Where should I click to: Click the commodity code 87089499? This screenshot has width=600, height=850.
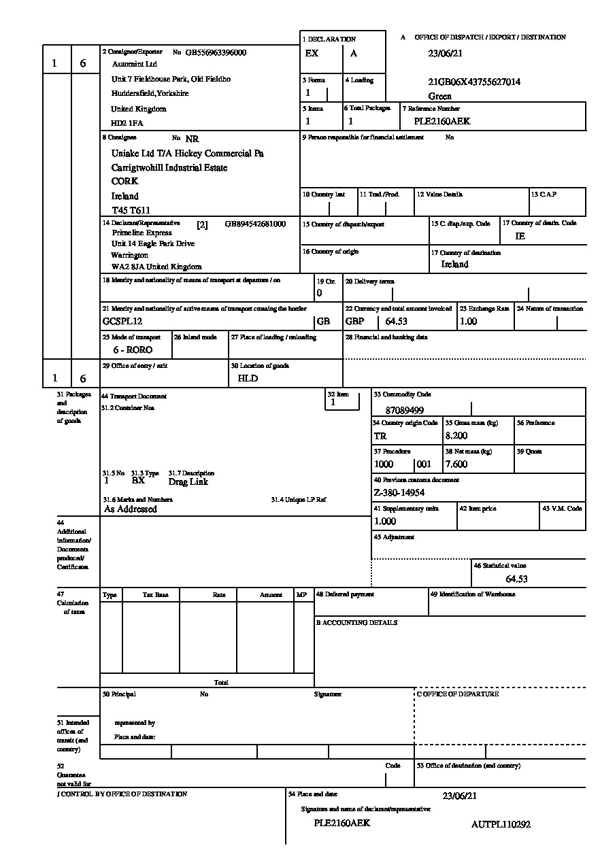coord(405,410)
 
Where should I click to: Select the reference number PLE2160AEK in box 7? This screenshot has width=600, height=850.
coord(442,122)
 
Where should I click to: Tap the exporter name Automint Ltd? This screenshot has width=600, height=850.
coord(134,64)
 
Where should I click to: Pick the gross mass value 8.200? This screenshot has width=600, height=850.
coord(456,436)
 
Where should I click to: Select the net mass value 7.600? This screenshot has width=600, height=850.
coord(456,464)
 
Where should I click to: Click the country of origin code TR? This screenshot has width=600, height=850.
coord(380,436)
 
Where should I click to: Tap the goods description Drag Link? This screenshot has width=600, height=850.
coord(188,481)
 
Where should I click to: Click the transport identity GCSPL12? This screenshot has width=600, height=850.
coord(122,322)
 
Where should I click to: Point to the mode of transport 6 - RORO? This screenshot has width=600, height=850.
coord(133,350)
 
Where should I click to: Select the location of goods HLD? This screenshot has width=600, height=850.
coord(248,378)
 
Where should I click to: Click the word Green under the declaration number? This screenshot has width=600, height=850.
coord(440,97)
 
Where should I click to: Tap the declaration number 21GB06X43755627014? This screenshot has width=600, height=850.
coord(474,82)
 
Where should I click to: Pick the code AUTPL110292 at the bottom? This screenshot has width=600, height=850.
coord(501,825)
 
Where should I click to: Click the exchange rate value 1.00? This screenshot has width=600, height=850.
coord(469,322)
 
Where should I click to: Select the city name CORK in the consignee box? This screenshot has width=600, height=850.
coord(124,182)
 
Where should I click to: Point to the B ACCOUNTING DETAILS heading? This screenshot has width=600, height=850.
coord(356,623)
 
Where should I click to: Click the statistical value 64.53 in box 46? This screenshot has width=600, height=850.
coord(517,579)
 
